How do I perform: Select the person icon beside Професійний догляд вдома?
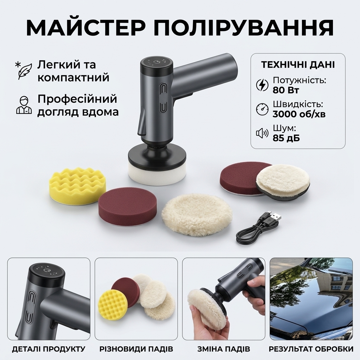click(x=24, y=105)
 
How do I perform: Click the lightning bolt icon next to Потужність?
click(x=262, y=85)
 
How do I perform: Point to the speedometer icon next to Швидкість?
click(x=262, y=109)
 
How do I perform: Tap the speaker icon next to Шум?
click(x=262, y=133)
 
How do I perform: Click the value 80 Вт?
click(x=285, y=90)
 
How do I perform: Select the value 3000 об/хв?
click(x=299, y=114)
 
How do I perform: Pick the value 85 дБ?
click(x=286, y=138)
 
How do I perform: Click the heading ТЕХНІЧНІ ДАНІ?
click(x=298, y=65)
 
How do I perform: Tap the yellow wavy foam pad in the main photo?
click(x=77, y=186)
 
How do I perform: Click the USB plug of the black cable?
click(x=276, y=217)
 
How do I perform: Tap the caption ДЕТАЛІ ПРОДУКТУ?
click(x=49, y=349)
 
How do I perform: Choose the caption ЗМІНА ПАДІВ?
click(x=223, y=349)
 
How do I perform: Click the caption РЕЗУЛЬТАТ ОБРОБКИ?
click(x=311, y=349)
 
